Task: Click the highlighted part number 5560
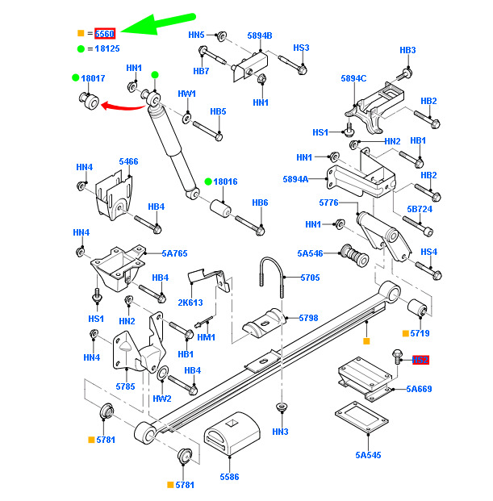click(x=105, y=34)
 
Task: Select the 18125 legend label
click(x=107, y=49)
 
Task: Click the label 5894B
click(x=260, y=35)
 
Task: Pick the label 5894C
click(x=353, y=78)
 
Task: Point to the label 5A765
click(x=174, y=253)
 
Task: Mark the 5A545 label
click(x=368, y=455)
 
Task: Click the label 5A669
click(x=419, y=389)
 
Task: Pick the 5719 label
click(x=420, y=332)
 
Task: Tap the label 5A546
click(x=310, y=253)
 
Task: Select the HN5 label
click(x=197, y=35)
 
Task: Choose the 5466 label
click(x=128, y=162)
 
